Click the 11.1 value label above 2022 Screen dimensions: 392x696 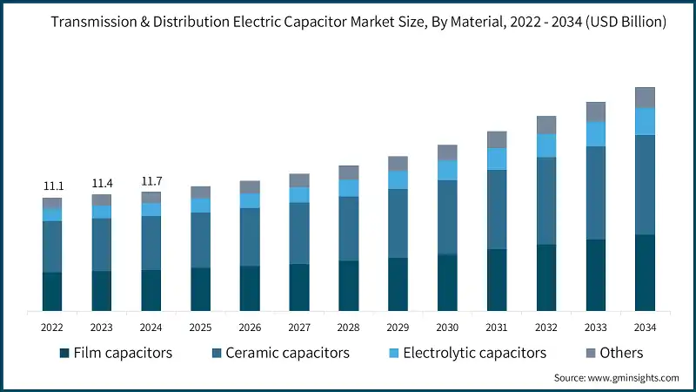pos(52,186)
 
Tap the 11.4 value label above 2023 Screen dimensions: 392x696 pos(102,184)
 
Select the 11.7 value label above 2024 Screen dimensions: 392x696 pos(151,181)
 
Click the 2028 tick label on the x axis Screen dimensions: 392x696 pos(348,327)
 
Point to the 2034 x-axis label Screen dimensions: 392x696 pos(645,327)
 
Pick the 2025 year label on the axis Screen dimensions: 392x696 pos(200,327)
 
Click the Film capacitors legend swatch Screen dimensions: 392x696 pos(64,354)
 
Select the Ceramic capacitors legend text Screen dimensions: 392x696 pos(287,353)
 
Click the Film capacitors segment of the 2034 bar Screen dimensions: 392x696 pos(645,273)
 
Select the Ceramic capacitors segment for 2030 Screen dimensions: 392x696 pos(447,217)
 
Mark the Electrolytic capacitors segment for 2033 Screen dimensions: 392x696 pos(595,133)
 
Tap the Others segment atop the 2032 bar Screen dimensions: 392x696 pos(545,125)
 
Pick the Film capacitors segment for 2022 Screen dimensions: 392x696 pos(52,291)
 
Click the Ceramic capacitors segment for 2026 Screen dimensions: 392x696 pos(250,237)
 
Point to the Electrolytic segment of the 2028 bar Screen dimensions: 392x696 pos(348,188)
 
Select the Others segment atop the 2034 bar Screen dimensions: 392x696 pos(645,97)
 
